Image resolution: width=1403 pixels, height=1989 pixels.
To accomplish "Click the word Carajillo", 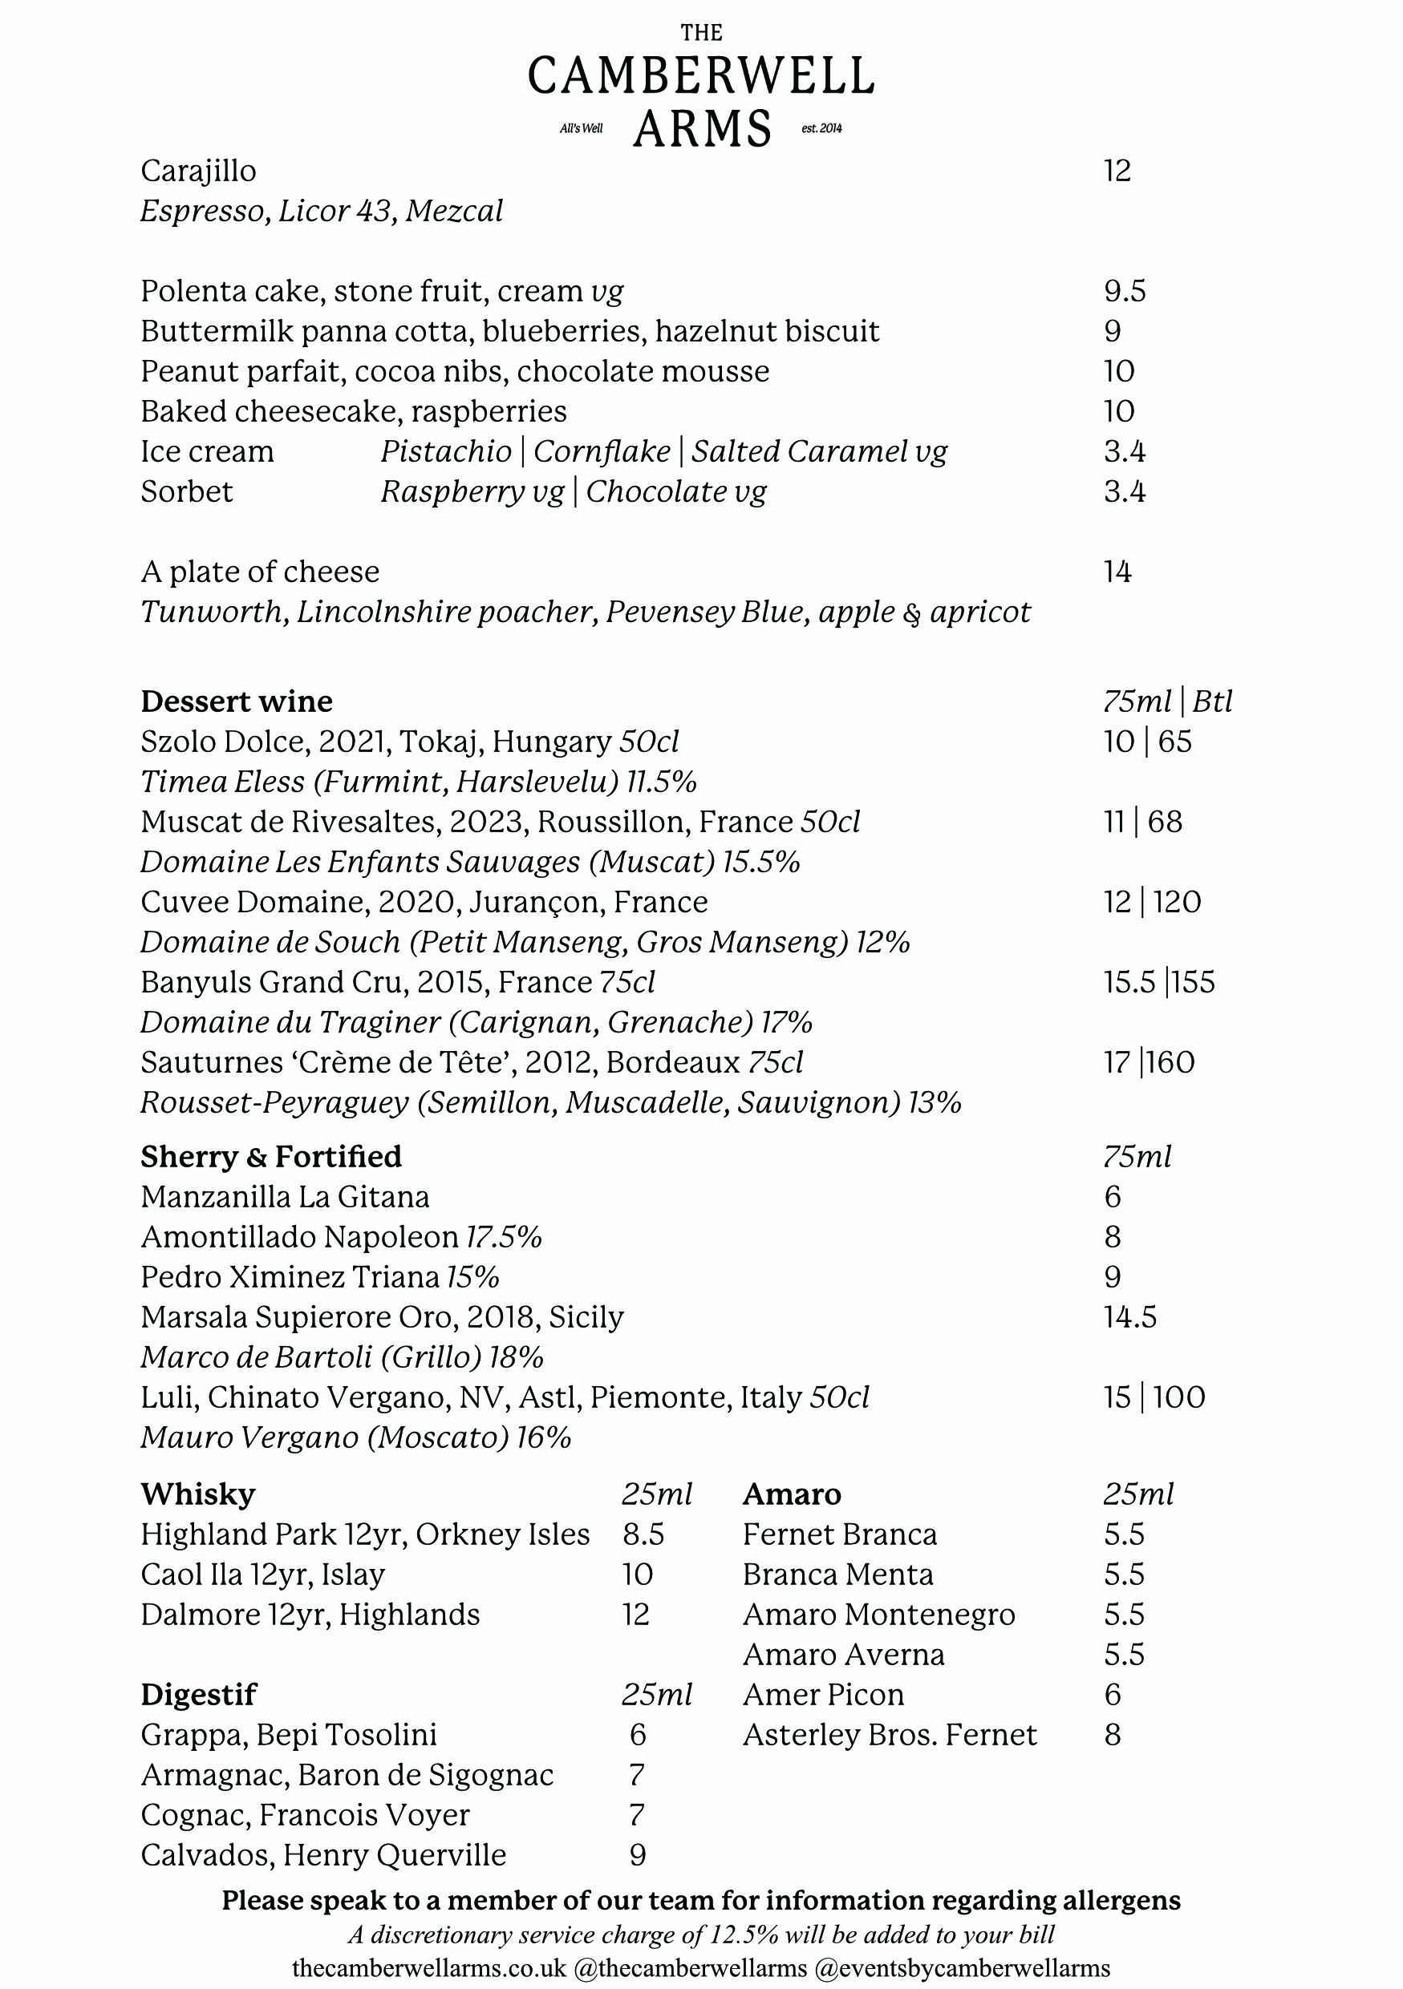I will click(198, 171).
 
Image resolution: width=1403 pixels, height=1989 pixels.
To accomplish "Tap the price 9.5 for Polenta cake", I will click(1124, 291).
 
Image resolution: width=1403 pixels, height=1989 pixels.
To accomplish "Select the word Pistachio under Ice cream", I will click(445, 451).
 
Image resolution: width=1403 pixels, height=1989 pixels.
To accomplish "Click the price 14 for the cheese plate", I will click(1117, 572).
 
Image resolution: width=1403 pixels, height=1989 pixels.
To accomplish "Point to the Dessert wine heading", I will click(237, 701).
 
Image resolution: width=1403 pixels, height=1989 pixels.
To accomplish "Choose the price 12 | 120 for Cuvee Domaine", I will click(1152, 902).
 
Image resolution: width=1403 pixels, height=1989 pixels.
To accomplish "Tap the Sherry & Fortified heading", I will click(271, 1157).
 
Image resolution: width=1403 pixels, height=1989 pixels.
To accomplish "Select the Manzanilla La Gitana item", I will click(285, 1196).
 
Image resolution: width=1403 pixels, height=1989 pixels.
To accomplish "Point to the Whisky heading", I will click(197, 1494).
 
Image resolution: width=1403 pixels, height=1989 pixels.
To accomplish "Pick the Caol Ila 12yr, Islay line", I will click(262, 1574).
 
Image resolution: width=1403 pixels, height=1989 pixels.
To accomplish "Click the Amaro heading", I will click(791, 1494).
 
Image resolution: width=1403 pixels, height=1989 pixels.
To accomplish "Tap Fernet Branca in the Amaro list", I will click(840, 1534).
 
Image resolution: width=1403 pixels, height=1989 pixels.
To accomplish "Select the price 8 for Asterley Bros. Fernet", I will click(1113, 1734).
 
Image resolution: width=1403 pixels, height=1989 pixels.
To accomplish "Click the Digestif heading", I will click(198, 1695).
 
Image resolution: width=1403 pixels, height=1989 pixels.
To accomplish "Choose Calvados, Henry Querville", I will click(323, 1855).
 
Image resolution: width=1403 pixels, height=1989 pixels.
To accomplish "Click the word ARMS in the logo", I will click(702, 129).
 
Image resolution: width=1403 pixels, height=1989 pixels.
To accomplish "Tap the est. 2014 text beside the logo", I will click(821, 129).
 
